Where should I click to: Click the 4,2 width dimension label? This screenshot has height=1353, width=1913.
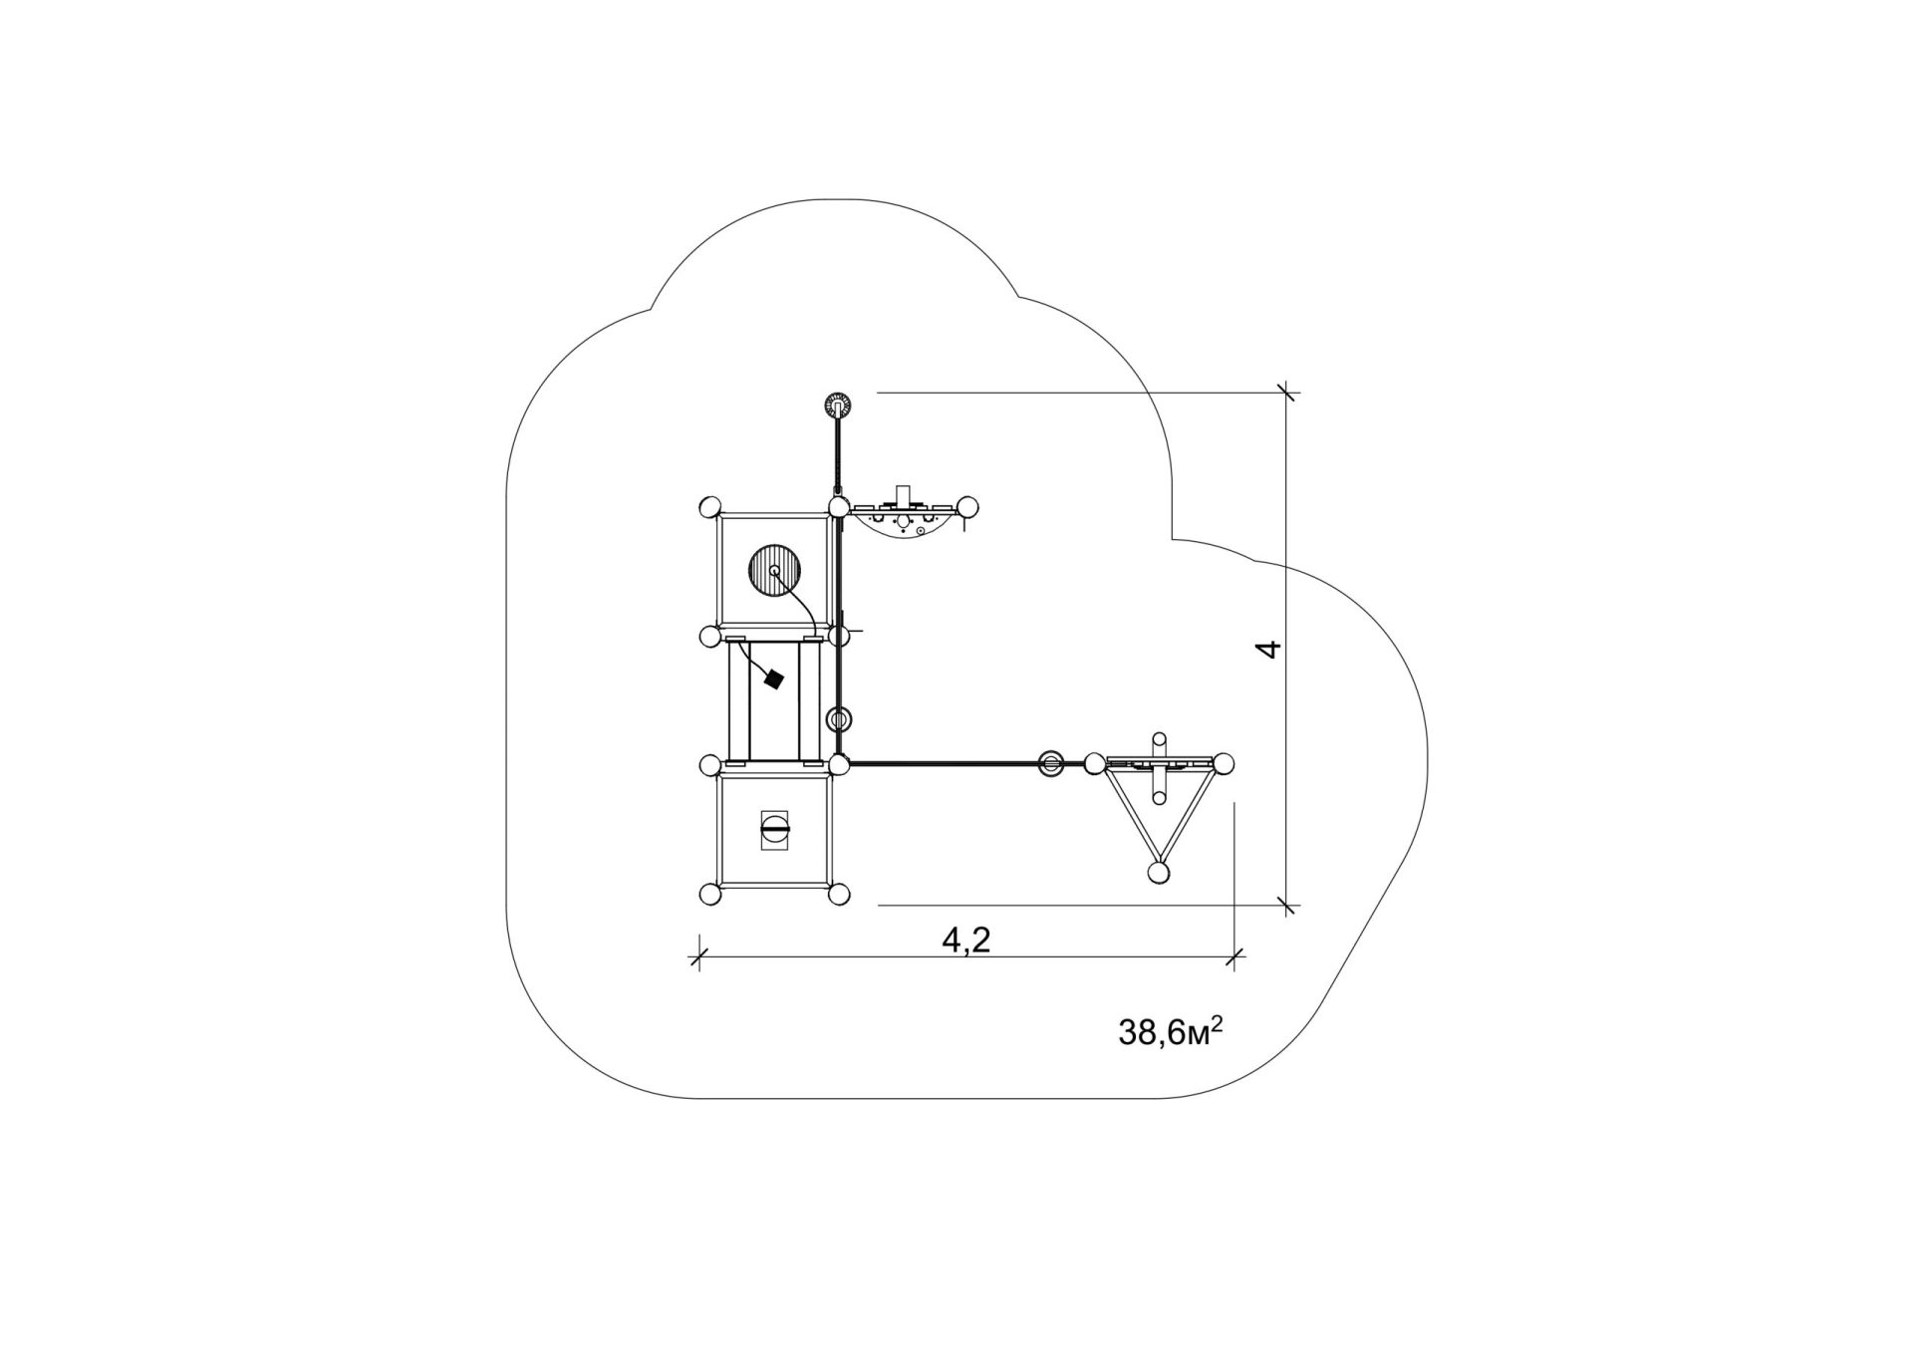pyautogui.click(x=966, y=940)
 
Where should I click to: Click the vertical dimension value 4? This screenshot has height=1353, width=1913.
pyautogui.click(x=1267, y=650)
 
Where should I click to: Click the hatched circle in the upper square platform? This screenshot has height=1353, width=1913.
pyautogui.click(x=774, y=570)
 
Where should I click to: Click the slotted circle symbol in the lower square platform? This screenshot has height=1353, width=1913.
pyautogui.click(x=774, y=828)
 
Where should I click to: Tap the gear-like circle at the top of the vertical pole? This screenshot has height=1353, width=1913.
pyautogui.click(x=839, y=406)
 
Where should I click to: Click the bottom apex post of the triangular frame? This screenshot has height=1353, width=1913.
pyautogui.click(x=1158, y=873)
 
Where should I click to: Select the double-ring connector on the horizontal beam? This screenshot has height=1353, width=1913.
pyautogui.click(x=1051, y=764)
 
